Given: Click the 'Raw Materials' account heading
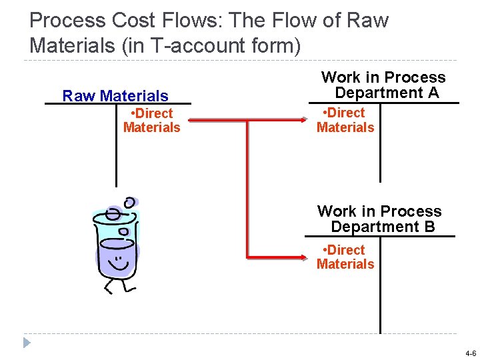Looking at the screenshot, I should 115,96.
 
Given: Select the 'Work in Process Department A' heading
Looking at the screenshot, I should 383,85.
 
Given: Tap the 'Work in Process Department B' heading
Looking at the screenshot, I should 380,219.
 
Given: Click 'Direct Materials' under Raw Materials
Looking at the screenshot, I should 152,121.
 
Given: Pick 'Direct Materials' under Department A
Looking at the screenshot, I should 345,120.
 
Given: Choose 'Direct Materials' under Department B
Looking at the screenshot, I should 345,257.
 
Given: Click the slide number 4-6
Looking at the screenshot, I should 471,353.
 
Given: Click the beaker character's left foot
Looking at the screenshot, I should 107,288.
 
